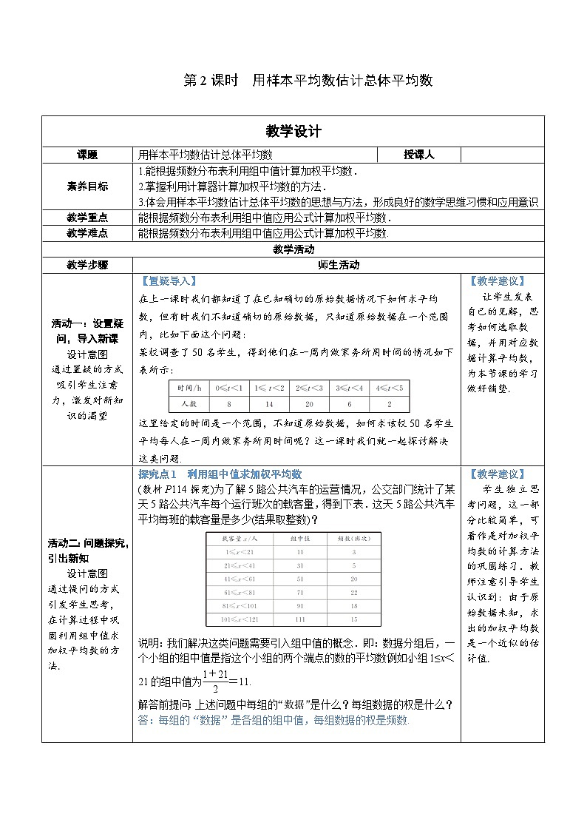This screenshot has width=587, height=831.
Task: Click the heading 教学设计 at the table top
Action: (x=293, y=131)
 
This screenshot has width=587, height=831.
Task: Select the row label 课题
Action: (x=87, y=155)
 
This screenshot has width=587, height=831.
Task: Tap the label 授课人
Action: (x=418, y=155)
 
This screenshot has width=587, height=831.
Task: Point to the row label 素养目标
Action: (x=87, y=186)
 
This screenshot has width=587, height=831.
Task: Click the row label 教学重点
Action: (x=87, y=218)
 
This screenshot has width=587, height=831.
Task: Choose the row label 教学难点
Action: (x=87, y=233)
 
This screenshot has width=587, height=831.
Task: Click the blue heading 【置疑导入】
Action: (x=167, y=281)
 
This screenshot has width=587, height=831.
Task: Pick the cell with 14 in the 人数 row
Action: (x=270, y=404)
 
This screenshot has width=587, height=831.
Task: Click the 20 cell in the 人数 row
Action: (x=310, y=404)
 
